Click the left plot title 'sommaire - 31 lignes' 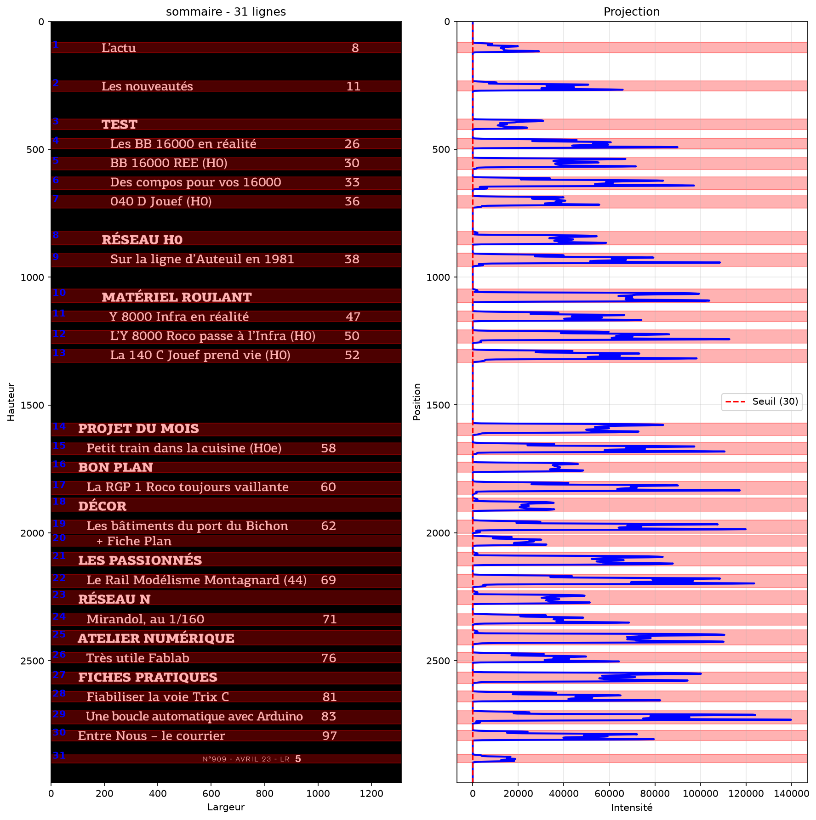(x=226, y=11)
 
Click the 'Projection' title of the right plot (x=632, y=11)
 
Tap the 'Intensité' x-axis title (x=632, y=807)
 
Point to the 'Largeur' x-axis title (x=226, y=807)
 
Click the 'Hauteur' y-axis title (x=11, y=402)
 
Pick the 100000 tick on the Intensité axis (x=701, y=793)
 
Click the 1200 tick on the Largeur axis (x=371, y=793)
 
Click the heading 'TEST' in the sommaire (x=120, y=124)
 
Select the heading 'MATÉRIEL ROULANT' (x=177, y=297)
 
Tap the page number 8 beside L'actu (x=355, y=48)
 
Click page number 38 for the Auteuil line (x=352, y=259)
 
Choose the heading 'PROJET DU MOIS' (x=138, y=429)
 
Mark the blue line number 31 (x=59, y=756)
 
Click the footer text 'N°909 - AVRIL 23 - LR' (x=246, y=759)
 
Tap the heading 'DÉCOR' (x=102, y=506)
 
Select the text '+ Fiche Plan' (x=134, y=541)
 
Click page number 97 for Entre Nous (x=330, y=736)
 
